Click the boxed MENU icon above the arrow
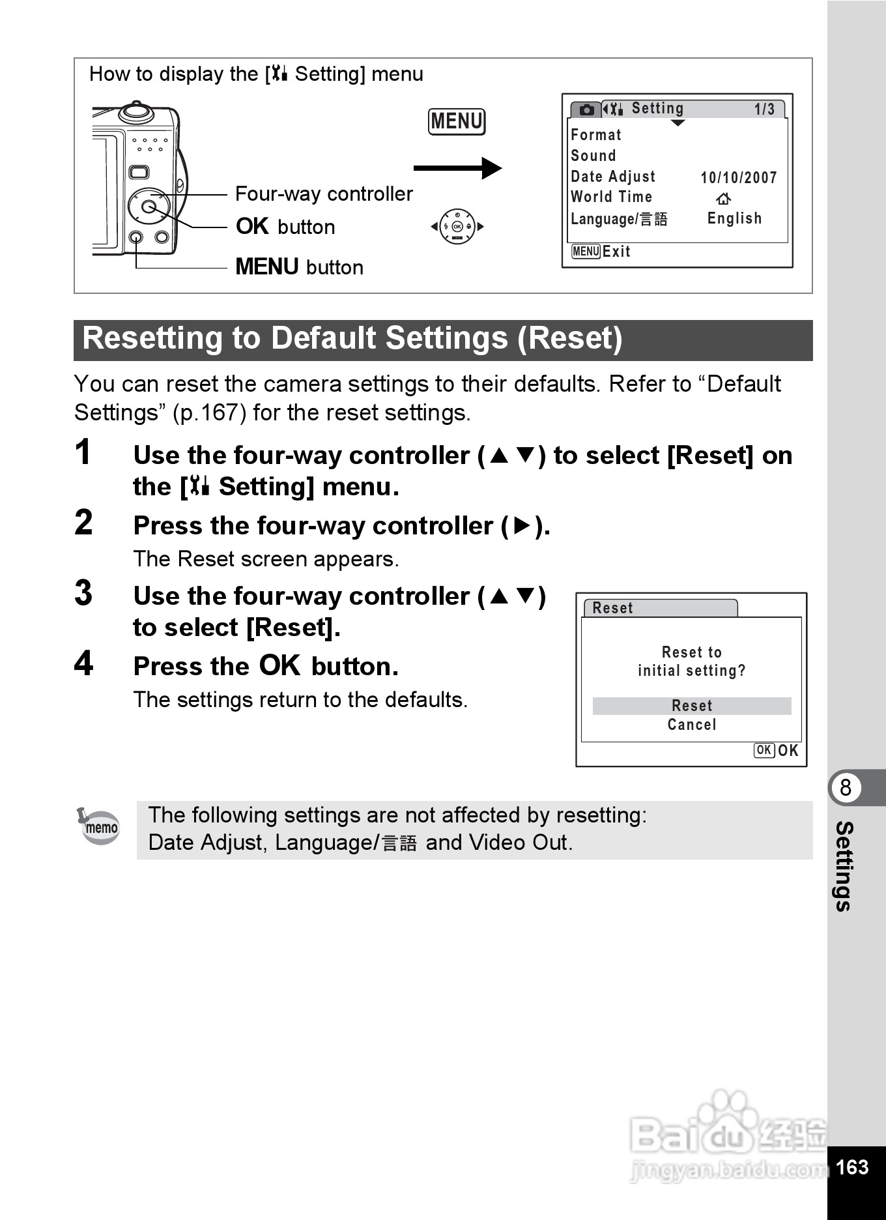click(457, 122)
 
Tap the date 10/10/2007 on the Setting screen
click(738, 177)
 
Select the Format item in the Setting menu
click(595, 135)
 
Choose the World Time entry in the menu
click(611, 197)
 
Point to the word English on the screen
click(734, 218)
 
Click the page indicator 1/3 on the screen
click(764, 109)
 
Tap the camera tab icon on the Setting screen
click(586, 109)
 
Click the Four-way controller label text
click(324, 194)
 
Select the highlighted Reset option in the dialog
click(691, 706)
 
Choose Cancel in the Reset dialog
click(691, 725)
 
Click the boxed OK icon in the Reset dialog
click(764, 750)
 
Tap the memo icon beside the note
click(100, 826)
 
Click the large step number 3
click(83, 593)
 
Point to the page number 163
click(852, 1167)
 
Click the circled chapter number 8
click(846, 787)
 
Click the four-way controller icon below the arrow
click(457, 227)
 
